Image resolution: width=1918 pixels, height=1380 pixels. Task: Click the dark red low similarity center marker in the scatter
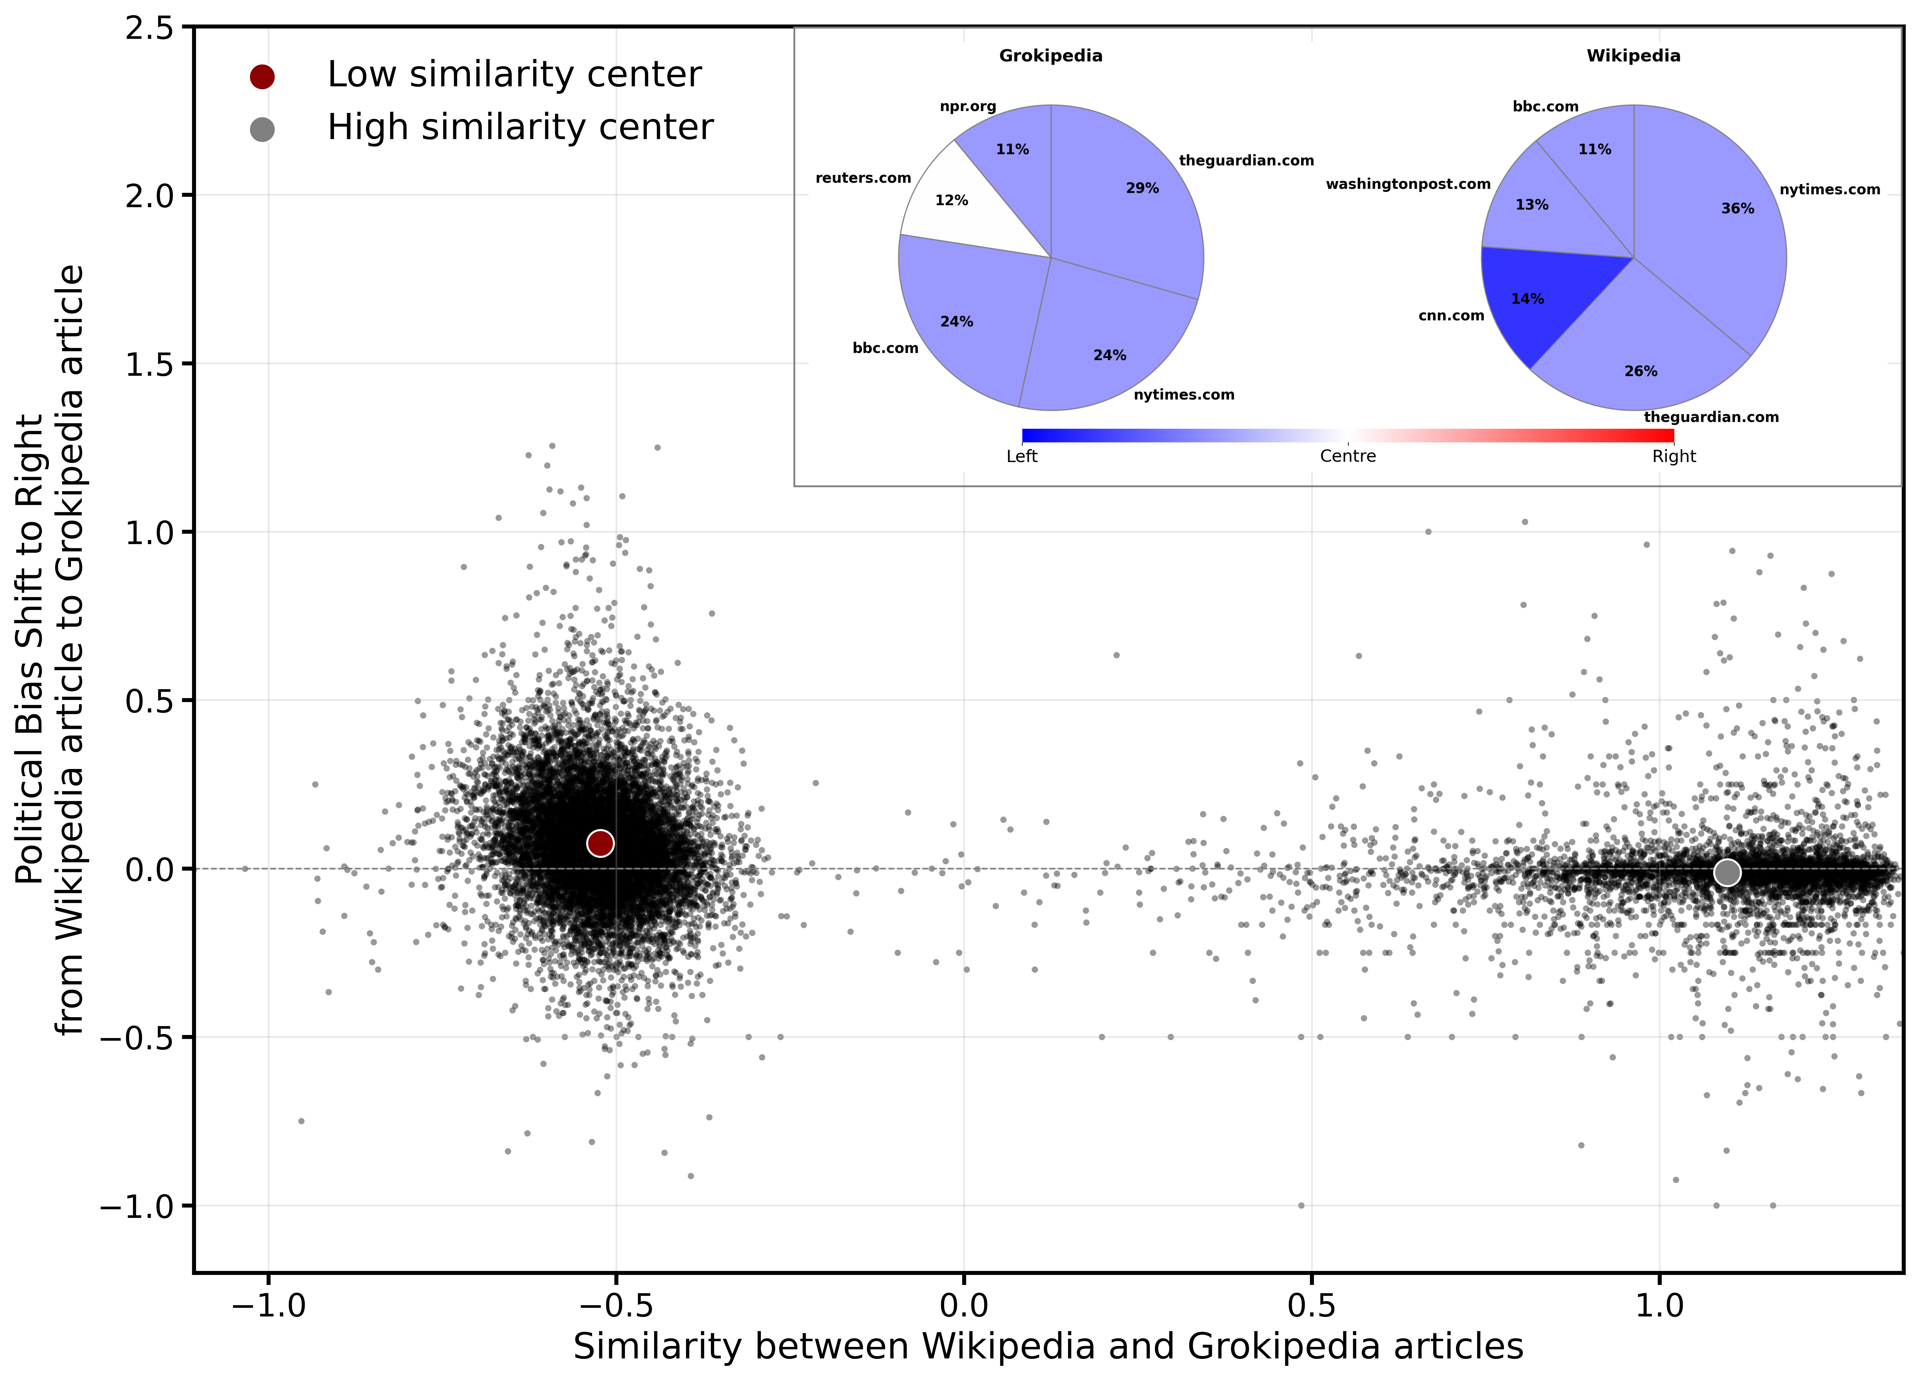click(600, 843)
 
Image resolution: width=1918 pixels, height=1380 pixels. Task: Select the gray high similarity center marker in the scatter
click(1727, 872)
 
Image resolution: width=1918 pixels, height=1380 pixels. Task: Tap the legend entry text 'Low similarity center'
click(514, 75)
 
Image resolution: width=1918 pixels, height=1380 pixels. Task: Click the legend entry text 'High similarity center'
click(520, 127)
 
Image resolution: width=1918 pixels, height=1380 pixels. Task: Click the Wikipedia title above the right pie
click(1633, 56)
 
